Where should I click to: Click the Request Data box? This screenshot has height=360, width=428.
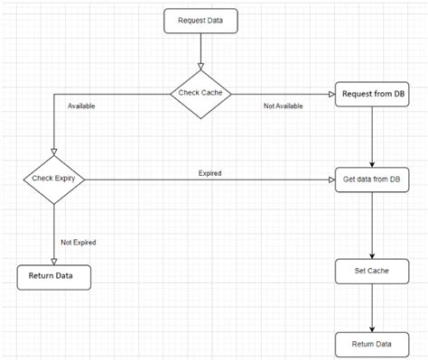pyautogui.click(x=200, y=21)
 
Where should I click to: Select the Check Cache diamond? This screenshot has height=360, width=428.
pyautogui.click(x=200, y=93)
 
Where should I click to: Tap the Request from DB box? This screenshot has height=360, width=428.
pyautogui.click(x=372, y=93)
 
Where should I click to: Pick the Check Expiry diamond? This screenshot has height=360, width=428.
pyautogui.click(x=54, y=179)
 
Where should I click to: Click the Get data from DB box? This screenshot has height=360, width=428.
pyautogui.click(x=372, y=179)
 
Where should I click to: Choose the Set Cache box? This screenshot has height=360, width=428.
pyautogui.click(x=372, y=270)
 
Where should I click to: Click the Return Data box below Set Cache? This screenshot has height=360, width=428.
pyautogui.click(x=372, y=344)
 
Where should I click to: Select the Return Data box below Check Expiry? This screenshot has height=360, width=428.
pyautogui.click(x=54, y=276)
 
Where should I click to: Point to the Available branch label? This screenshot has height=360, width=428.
pyautogui.click(x=82, y=106)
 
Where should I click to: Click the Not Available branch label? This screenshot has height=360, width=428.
pyautogui.click(x=283, y=106)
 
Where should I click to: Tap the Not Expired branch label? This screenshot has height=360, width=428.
pyautogui.click(x=79, y=242)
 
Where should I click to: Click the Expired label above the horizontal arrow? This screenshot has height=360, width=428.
pyautogui.click(x=209, y=171)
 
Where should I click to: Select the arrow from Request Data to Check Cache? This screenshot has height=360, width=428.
pyautogui.click(x=200, y=50)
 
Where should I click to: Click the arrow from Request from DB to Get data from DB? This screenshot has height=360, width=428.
pyautogui.click(x=372, y=135)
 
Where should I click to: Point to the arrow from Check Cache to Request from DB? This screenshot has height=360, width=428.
pyautogui.click(x=280, y=93)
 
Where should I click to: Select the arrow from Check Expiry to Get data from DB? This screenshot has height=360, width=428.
pyautogui.click(x=208, y=179)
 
